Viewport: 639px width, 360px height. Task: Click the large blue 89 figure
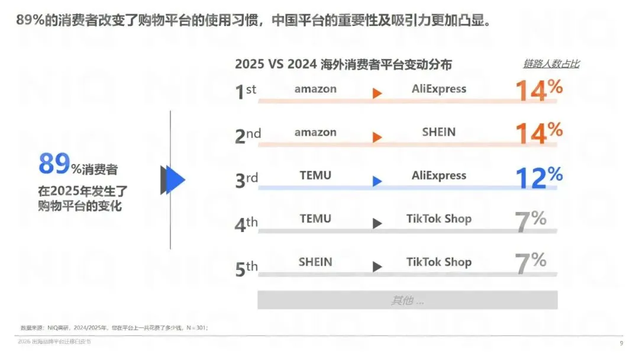click(54, 165)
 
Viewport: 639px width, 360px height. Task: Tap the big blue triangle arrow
click(174, 180)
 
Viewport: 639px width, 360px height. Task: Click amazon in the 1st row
click(315, 89)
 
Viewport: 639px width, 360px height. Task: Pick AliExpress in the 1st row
click(439, 89)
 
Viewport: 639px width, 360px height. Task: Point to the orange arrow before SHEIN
click(377, 137)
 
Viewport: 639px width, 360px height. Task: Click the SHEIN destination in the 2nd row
click(439, 132)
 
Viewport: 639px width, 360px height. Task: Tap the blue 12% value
click(539, 177)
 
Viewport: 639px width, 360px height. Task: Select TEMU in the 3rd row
click(315, 175)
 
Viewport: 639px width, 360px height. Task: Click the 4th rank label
click(246, 223)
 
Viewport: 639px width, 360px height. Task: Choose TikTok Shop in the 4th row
click(439, 218)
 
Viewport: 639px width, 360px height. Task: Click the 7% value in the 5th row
click(531, 263)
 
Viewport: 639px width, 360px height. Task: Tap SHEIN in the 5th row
click(315, 262)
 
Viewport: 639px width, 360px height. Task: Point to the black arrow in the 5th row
click(377, 267)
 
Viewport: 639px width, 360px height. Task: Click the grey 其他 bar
click(407, 300)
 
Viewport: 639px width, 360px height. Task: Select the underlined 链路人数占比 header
click(551, 64)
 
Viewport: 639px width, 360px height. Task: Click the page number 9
click(621, 343)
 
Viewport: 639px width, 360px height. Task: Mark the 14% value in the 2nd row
click(539, 133)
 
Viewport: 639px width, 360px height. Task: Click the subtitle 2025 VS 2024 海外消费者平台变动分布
click(343, 65)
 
